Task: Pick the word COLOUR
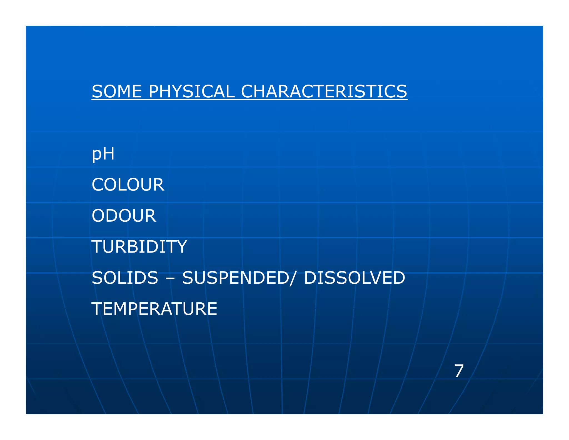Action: coord(128,185)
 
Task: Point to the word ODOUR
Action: coord(124,216)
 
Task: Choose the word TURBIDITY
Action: coord(139,247)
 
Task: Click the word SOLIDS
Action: coord(125,278)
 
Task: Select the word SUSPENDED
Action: coord(235,278)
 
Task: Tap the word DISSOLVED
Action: coord(355,278)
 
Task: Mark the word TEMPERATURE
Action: coord(154,309)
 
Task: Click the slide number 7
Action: coord(459,371)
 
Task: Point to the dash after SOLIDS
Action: coord(170,279)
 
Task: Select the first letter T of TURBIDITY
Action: coord(97,247)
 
